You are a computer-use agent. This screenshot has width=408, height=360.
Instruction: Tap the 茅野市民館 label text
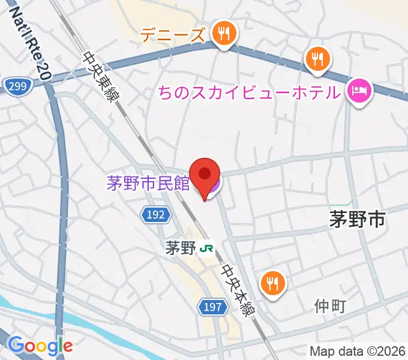coord(148,183)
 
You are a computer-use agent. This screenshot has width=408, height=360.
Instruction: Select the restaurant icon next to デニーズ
coord(224,34)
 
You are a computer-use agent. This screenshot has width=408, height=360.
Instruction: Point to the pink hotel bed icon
coord(359,91)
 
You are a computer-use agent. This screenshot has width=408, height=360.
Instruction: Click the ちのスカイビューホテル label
coord(248,93)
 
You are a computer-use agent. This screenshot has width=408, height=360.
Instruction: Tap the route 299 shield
coord(18,87)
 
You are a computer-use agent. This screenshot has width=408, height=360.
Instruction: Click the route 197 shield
coord(213,308)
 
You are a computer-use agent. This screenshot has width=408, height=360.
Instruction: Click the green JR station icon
coord(208,247)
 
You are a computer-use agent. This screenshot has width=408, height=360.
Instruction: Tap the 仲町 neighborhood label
coord(330,307)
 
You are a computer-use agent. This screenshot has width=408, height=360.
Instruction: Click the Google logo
coord(40,345)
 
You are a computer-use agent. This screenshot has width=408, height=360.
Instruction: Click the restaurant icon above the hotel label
coord(316,59)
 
